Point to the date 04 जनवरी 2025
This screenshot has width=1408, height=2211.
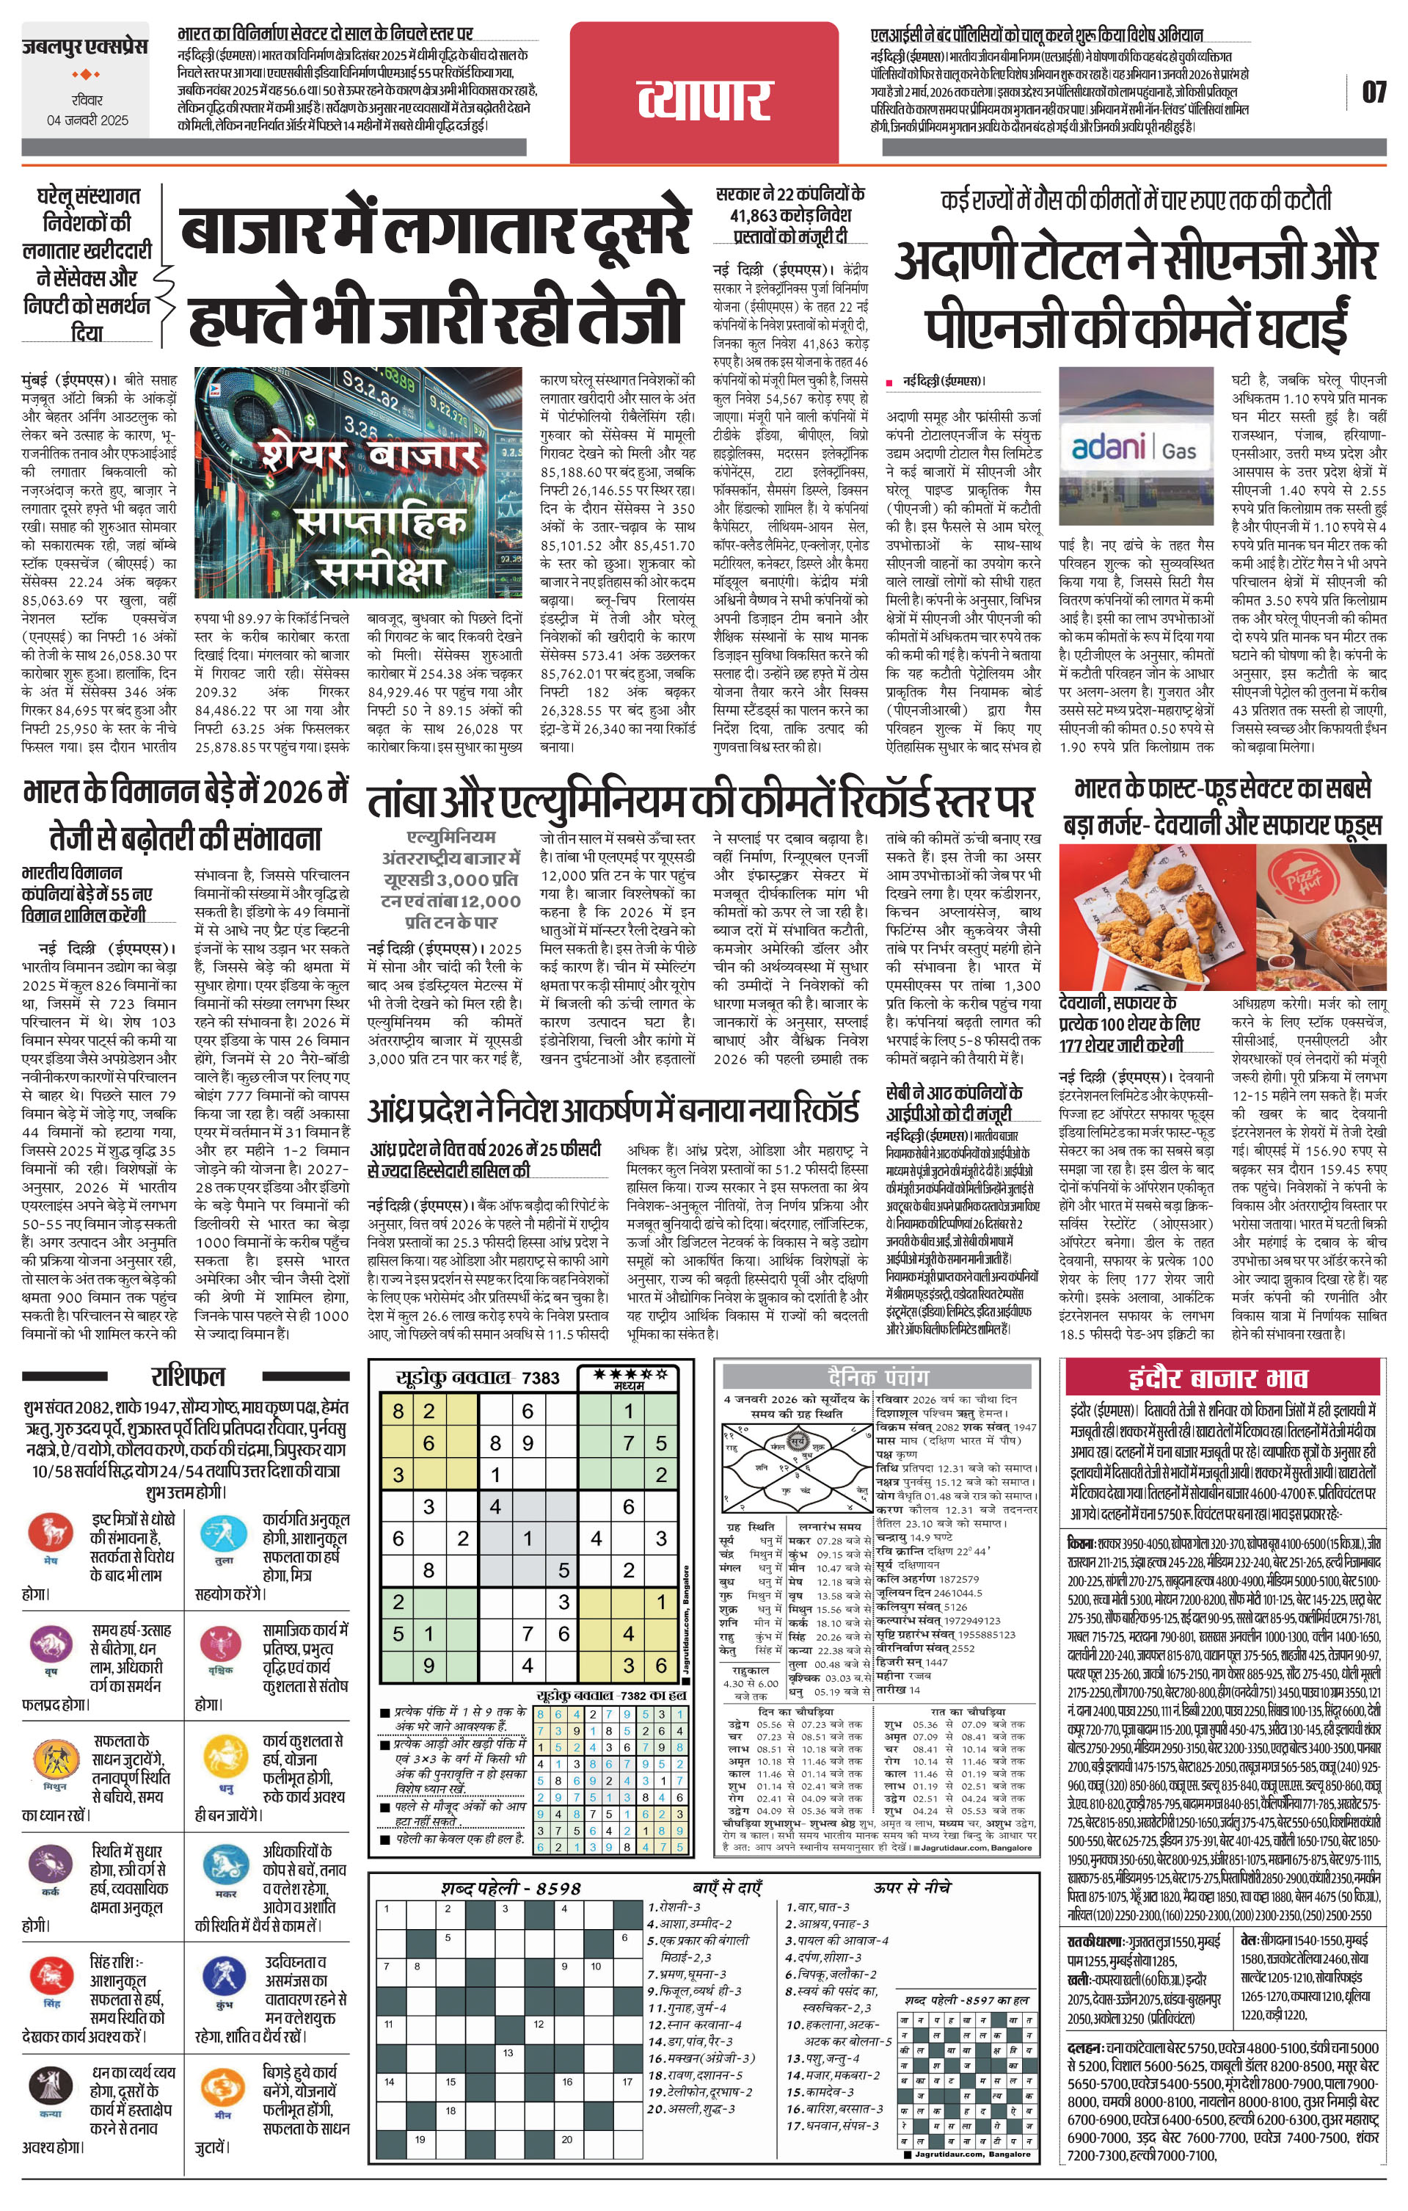(x=88, y=120)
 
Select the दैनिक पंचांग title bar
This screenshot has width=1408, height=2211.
(x=878, y=1376)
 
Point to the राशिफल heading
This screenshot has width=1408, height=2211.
(x=187, y=1376)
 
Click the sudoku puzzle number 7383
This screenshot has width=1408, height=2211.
(x=540, y=1377)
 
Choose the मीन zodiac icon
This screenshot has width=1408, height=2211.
(x=222, y=2104)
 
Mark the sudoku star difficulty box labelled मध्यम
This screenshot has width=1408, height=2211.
(x=628, y=1377)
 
